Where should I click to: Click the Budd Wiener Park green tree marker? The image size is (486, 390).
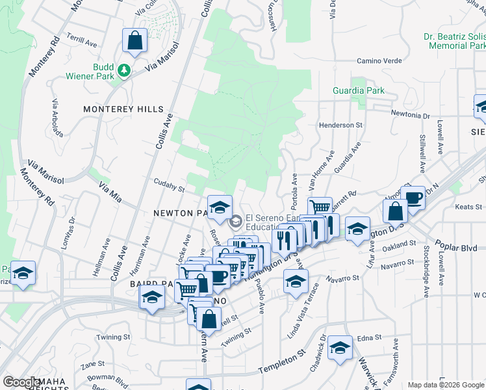(122, 68)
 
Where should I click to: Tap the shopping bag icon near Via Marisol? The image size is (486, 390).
(134, 41)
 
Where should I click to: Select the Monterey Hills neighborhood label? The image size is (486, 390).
(123, 109)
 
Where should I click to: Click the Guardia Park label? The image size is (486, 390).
(358, 91)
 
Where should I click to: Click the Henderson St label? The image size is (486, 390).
(339, 125)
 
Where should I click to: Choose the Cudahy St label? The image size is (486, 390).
(169, 186)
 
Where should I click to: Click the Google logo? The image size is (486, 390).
(21, 382)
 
